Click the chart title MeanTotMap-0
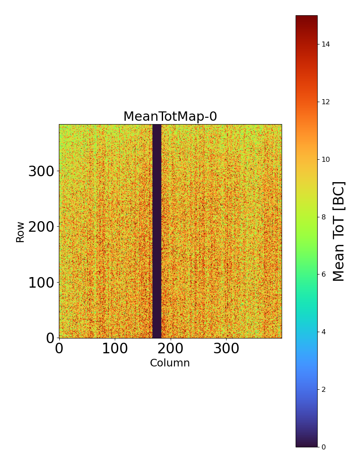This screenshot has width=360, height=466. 170,116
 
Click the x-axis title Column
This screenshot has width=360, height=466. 170,363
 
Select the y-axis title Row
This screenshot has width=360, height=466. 20,231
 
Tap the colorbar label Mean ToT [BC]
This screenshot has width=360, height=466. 339,231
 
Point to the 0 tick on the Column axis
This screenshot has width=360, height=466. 59,349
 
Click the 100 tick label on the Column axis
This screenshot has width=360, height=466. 115,349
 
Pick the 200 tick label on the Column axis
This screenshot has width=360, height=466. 170,349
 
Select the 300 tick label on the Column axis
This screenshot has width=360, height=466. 226,349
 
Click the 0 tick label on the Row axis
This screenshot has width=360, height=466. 50,338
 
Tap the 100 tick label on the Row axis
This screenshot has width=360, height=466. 42,283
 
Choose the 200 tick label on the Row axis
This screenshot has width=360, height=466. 42,227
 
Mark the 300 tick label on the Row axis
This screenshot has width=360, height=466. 42,172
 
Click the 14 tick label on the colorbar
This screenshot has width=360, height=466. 326,44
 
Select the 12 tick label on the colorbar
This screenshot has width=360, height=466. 326,102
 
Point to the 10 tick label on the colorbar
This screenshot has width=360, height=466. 326,159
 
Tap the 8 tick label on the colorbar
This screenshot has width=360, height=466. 324,217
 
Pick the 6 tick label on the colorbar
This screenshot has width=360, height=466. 324,274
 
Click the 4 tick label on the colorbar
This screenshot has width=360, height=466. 324,332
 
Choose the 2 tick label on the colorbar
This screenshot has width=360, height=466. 324,389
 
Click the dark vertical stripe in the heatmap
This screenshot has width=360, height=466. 157,231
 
